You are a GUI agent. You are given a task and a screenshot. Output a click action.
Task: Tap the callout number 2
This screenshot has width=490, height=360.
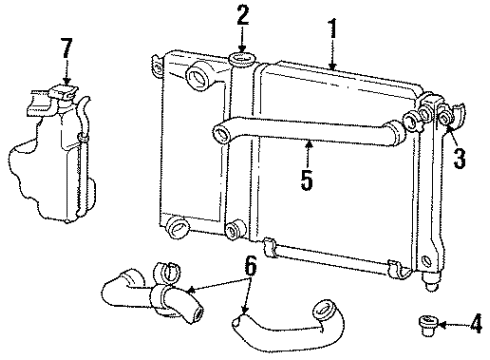[242, 15]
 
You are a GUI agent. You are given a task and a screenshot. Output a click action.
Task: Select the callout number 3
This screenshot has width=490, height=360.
[458, 158]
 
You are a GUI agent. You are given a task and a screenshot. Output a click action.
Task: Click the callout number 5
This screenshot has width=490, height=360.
[307, 180]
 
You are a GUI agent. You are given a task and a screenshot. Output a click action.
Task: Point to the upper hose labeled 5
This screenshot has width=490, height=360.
[300, 128]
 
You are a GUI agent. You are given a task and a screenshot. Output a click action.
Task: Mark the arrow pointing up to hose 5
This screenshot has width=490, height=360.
[307, 155]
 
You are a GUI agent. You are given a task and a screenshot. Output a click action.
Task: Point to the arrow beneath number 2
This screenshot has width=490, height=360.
[242, 40]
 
